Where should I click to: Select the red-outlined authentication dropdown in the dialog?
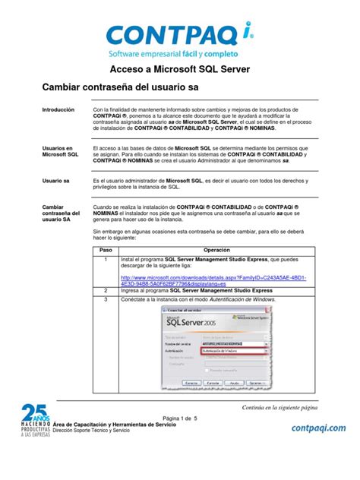[x=234, y=352]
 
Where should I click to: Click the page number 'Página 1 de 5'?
[x=180, y=418]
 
